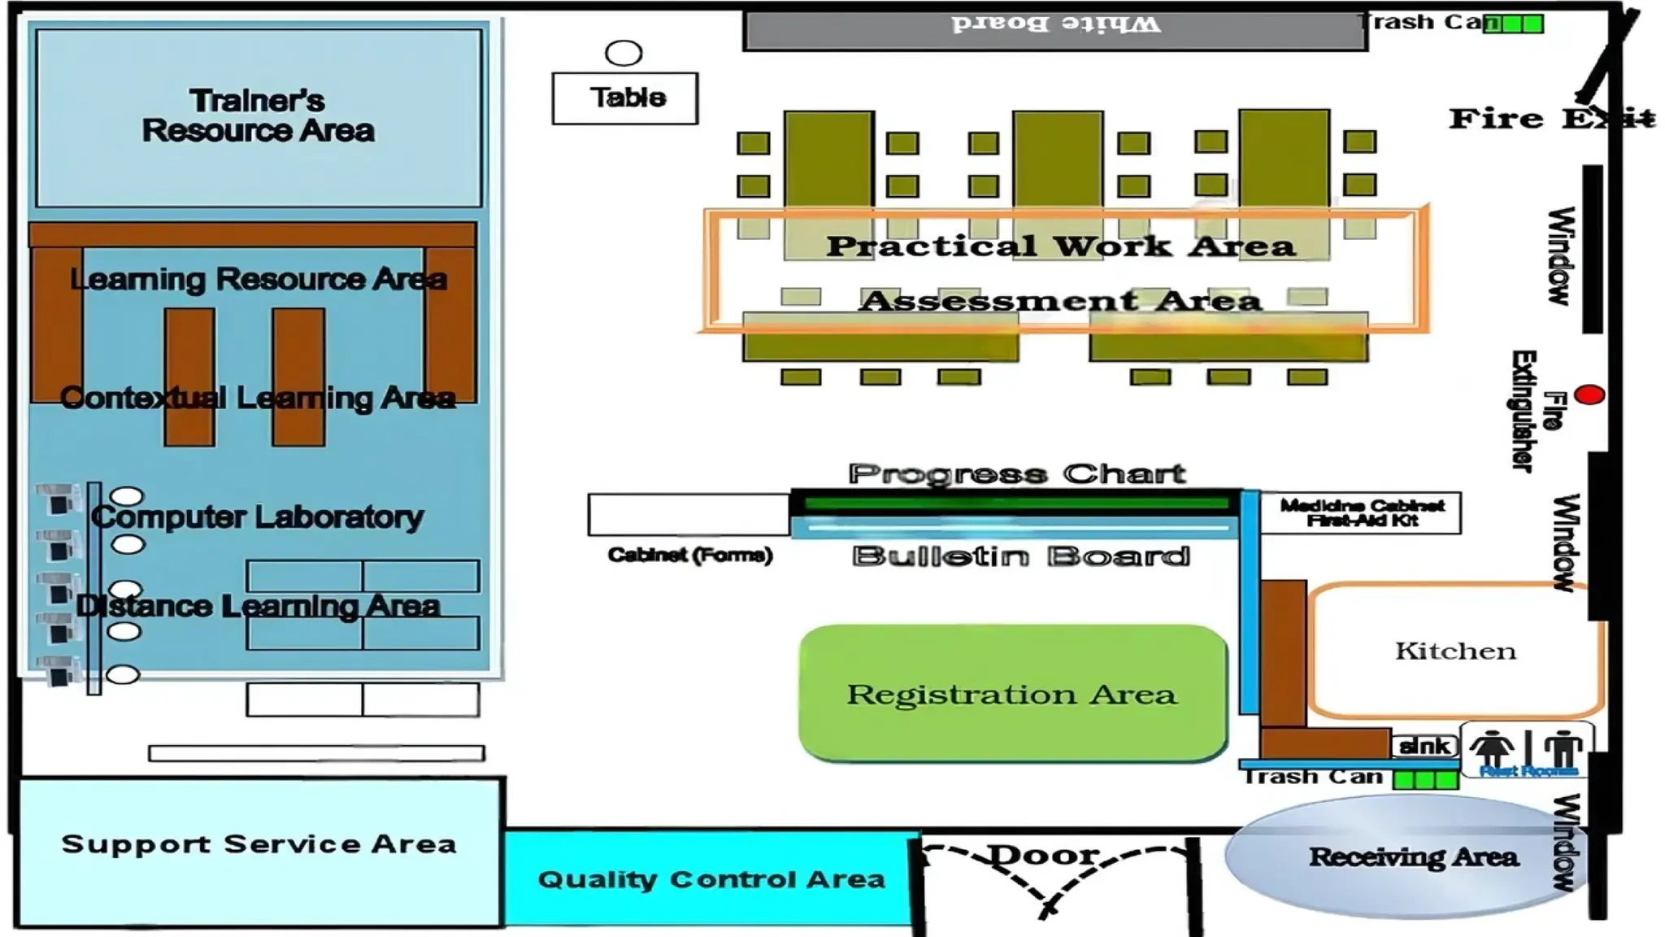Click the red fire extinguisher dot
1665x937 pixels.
tap(1589, 395)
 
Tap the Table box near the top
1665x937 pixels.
tap(624, 98)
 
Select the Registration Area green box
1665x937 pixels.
tap(1012, 694)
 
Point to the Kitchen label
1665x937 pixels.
tap(1455, 651)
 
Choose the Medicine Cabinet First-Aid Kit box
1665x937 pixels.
tap(1362, 513)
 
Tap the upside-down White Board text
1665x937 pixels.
tap(1056, 24)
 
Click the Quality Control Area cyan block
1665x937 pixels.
tap(711, 878)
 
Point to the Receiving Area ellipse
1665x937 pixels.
tap(1412, 856)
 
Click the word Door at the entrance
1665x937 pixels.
tap(1044, 855)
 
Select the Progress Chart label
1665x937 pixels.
tap(1016, 473)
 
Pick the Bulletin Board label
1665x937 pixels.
tap(1021, 556)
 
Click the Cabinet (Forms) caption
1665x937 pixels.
tap(689, 556)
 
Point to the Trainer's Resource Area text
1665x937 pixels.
tap(258, 115)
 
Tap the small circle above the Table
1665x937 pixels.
tap(624, 54)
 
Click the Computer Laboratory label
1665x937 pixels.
tap(258, 516)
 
